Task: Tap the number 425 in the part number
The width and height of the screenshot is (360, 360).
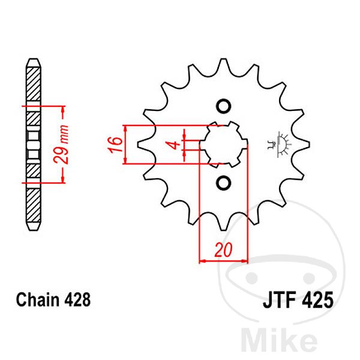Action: click(x=317, y=299)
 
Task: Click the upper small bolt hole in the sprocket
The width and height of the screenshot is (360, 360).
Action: click(x=224, y=107)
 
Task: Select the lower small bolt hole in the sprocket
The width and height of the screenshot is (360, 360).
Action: click(x=224, y=182)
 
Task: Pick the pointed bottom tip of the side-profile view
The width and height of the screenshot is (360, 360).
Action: click(x=33, y=229)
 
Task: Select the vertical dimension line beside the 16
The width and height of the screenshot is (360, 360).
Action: click(x=125, y=145)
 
